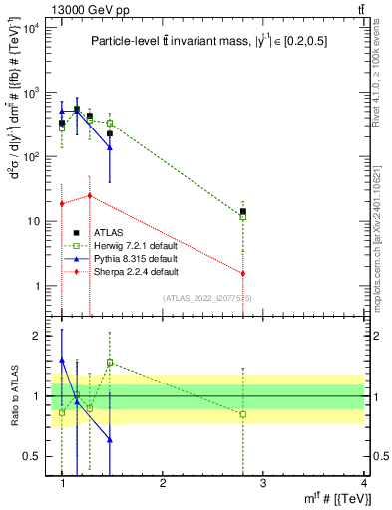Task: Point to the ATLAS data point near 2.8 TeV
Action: (x=242, y=211)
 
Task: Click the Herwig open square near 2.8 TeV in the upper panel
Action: (x=242, y=217)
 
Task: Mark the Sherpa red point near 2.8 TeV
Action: (x=242, y=273)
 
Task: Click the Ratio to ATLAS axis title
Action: (x=13, y=396)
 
